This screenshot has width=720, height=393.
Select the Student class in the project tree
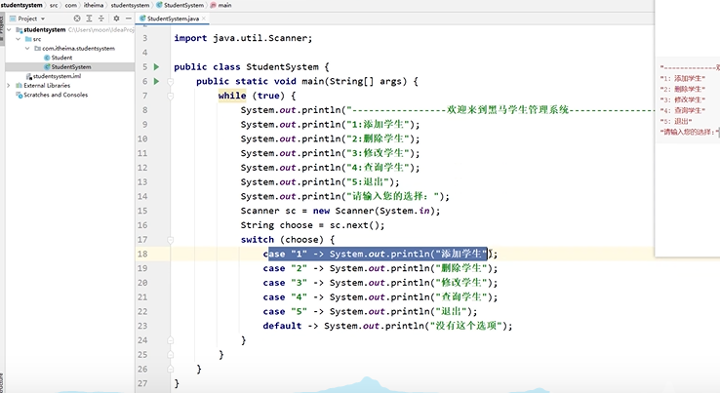[60, 58]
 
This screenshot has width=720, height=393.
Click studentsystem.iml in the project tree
[57, 76]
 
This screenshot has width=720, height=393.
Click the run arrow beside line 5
[155, 66]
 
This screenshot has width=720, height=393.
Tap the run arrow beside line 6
[155, 81]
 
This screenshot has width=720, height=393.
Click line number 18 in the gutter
[142, 254]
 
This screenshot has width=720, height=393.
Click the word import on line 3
[190, 38]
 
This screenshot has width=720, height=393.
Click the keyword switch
[258, 239]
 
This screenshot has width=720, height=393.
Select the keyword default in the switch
[282, 326]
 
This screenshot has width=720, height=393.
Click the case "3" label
[285, 283]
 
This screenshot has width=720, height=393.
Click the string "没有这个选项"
[467, 326]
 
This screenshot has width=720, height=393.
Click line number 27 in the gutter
[142, 383]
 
